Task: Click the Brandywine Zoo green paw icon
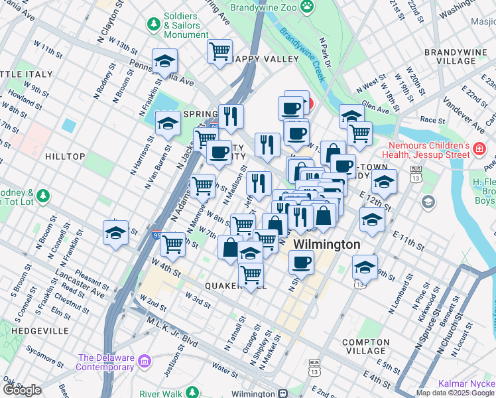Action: pos(307,7)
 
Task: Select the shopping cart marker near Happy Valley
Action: pos(219,51)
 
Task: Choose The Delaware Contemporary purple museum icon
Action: pos(146,362)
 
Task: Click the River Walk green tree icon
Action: pos(192,393)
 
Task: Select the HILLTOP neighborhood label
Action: pos(65,157)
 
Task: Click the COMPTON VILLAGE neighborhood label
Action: pos(365,346)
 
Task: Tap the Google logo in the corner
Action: pos(22,390)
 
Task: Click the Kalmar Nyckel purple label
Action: pos(467,384)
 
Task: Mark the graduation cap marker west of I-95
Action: pos(115,233)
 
